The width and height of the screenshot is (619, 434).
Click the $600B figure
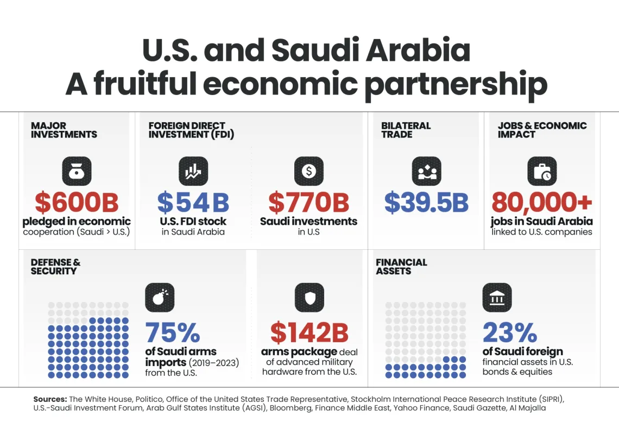(77, 202)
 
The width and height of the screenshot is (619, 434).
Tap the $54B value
(193, 202)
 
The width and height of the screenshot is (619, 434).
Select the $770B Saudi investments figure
(308, 202)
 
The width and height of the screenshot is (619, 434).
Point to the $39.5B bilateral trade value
(426, 202)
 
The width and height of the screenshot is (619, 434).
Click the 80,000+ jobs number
(541, 202)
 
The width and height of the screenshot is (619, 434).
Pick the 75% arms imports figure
(173, 332)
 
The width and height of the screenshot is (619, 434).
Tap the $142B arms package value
(309, 332)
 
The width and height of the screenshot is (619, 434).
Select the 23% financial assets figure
(509, 332)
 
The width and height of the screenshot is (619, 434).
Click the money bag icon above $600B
(77, 171)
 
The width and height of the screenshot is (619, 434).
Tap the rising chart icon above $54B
(193, 171)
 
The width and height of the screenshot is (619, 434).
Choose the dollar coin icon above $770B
(308, 171)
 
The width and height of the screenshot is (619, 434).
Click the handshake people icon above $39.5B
(426, 171)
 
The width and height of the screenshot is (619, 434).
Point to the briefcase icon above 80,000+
(541, 171)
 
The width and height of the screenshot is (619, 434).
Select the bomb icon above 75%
(160, 297)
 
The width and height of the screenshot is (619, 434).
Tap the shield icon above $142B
(309, 297)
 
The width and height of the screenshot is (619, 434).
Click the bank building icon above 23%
(497, 297)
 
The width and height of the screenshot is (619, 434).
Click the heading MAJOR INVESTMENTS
(64, 130)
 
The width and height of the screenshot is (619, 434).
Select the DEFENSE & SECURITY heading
(55, 267)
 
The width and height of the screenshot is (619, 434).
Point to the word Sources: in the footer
(50, 399)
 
